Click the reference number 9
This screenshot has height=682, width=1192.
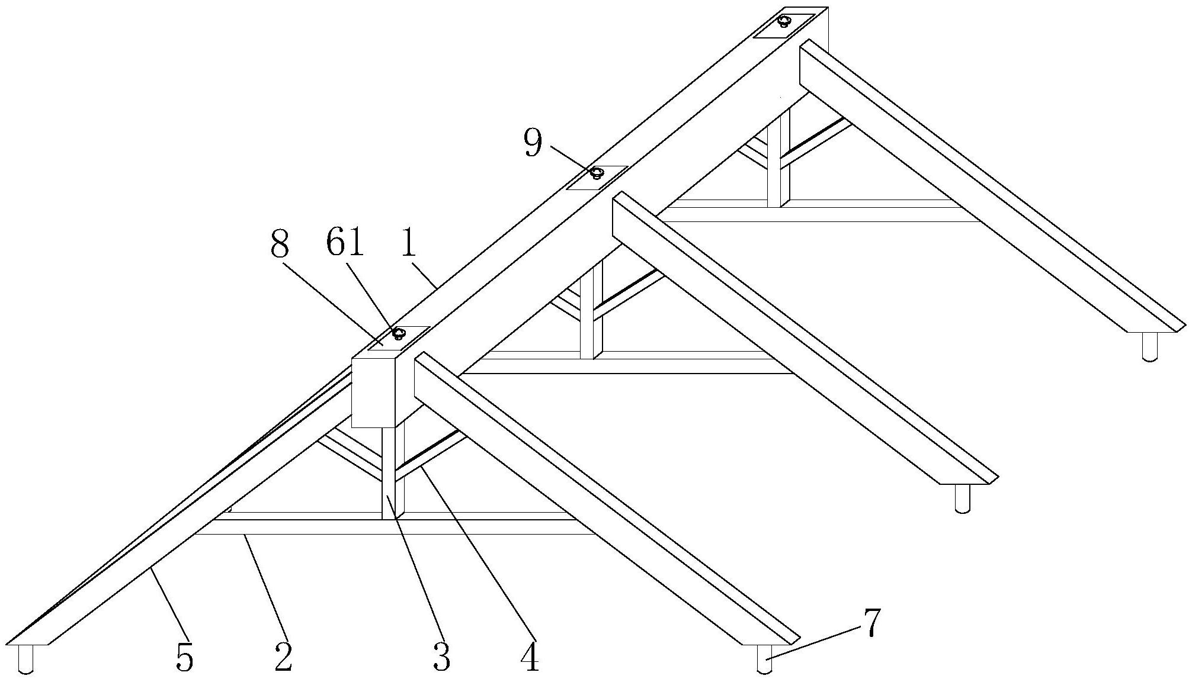(533, 143)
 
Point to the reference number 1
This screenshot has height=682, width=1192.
(408, 243)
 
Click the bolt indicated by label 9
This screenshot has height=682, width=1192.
(597, 173)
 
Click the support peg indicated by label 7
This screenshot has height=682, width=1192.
(765, 658)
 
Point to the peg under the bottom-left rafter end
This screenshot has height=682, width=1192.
(26, 659)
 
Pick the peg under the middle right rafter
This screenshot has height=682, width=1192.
(963, 498)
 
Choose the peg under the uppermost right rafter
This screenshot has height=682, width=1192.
(1150, 347)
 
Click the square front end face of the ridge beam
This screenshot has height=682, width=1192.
(373, 392)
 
